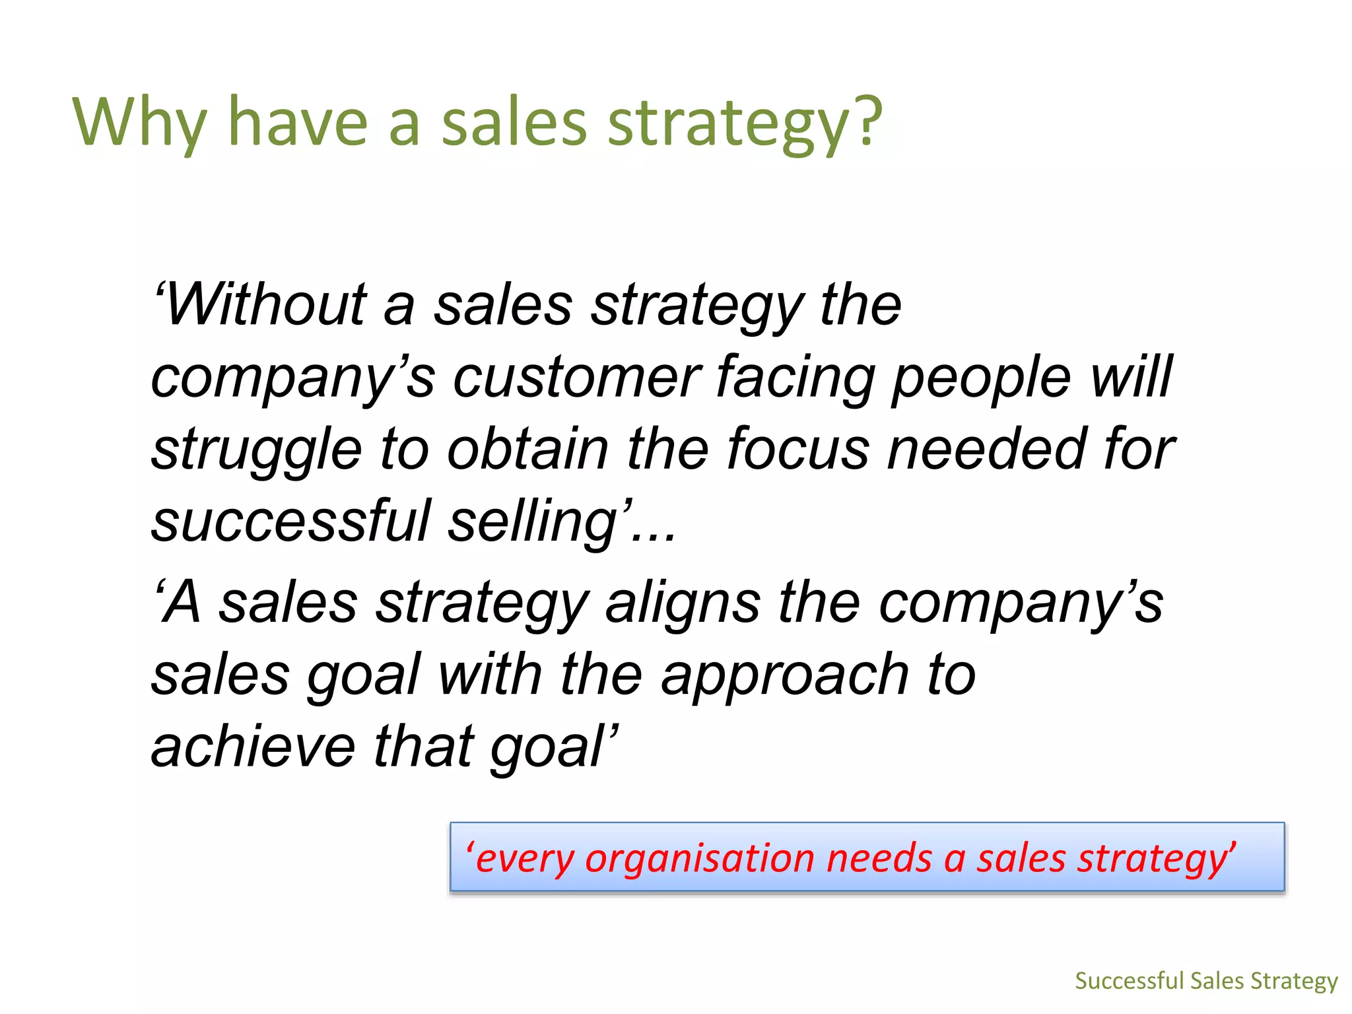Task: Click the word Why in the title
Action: click(139, 123)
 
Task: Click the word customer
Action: click(576, 377)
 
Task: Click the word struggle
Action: click(256, 450)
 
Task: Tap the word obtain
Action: click(527, 449)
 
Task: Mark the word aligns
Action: click(683, 604)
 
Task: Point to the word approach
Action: click(785, 676)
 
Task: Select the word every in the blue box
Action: click(525, 859)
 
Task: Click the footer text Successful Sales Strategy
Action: click(1206, 981)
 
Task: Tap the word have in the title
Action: click(298, 123)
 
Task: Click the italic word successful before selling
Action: click(290, 521)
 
